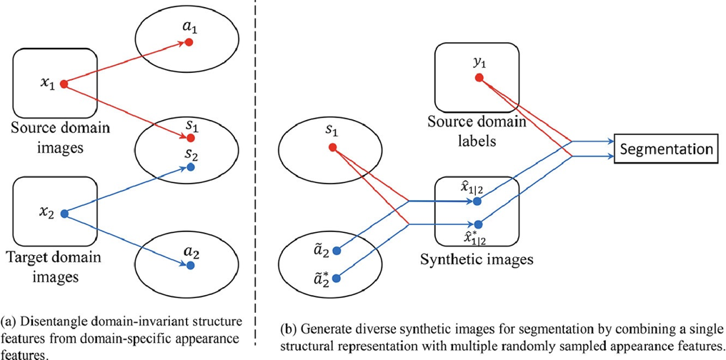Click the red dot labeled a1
(189, 42)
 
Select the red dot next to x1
(64, 84)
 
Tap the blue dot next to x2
(64, 213)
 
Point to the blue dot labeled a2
(190, 265)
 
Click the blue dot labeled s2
(190, 168)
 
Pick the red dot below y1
(479, 77)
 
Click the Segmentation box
(667, 149)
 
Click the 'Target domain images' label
(53, 265)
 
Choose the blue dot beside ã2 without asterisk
(336, 251)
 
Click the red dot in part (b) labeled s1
(332, 148)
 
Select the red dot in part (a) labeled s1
(190, 137)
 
